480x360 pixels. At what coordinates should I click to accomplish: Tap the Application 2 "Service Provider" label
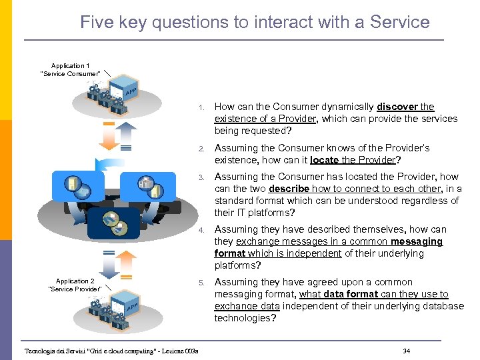click(x=75, y=285)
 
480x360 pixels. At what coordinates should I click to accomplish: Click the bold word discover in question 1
click(x=398, y=107)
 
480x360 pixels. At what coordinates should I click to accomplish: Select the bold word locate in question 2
click(x=325, y=160)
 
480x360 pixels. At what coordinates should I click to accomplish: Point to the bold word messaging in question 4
click(x=417, y=241)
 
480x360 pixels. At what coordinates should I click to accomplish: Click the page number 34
click(x=406, y=351)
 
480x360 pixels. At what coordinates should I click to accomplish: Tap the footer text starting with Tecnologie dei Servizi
click(x=107, y=351)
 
